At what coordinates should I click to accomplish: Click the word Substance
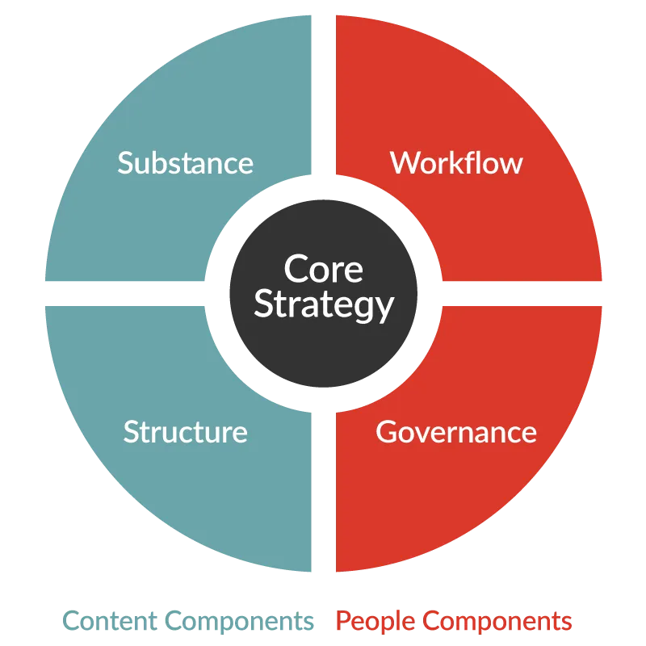pyautogui.click(x=186, y=163)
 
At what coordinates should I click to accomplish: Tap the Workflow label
pyautogui.click(x=456, y=163)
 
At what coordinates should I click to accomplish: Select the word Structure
pyautogui.click(x=186, y=432)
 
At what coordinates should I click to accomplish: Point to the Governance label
pyautogui.click(x=456, y=432)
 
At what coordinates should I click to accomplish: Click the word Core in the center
pyautogui.click(x=324, y=269)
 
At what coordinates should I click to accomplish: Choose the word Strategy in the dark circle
pyautogui.click(x=324, y=305)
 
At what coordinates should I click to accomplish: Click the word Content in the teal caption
pyautogui.click(x=110, y=620)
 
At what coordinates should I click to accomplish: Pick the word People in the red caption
pyautogui.click(x=375, y=622)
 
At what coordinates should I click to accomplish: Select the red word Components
pyautogui.click(x=497, y=622)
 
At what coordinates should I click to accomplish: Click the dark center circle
pyautogui.click(x=324, y=293)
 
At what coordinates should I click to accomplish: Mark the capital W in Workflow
pyautogui.click(x=405, y=163)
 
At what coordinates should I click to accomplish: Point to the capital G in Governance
pyautogui.click(x=387, y=432)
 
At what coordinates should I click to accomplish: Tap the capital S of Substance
pyautogui.click(x=126, y=163)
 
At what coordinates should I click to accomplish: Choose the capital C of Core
pyautogui.click(x=295, y=269)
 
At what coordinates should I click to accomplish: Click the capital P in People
pyautogui.click(x=344, y=620)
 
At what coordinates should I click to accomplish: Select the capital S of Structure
pyautogui.click(x=132, y=432)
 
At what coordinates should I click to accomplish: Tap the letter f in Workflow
pyautogui.click(x=476, y=162)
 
